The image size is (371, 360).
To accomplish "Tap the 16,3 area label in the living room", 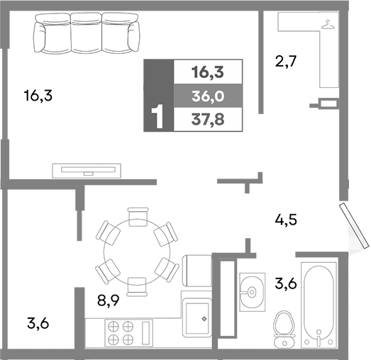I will (38, 95).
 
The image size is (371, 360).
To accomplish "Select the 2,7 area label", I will (284, 62).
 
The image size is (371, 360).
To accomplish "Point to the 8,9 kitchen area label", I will (108, 300).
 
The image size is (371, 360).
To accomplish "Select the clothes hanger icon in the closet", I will (327, 26).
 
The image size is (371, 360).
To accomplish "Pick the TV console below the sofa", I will (86, 170).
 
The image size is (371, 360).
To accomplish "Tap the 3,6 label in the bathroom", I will (285, 285).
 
